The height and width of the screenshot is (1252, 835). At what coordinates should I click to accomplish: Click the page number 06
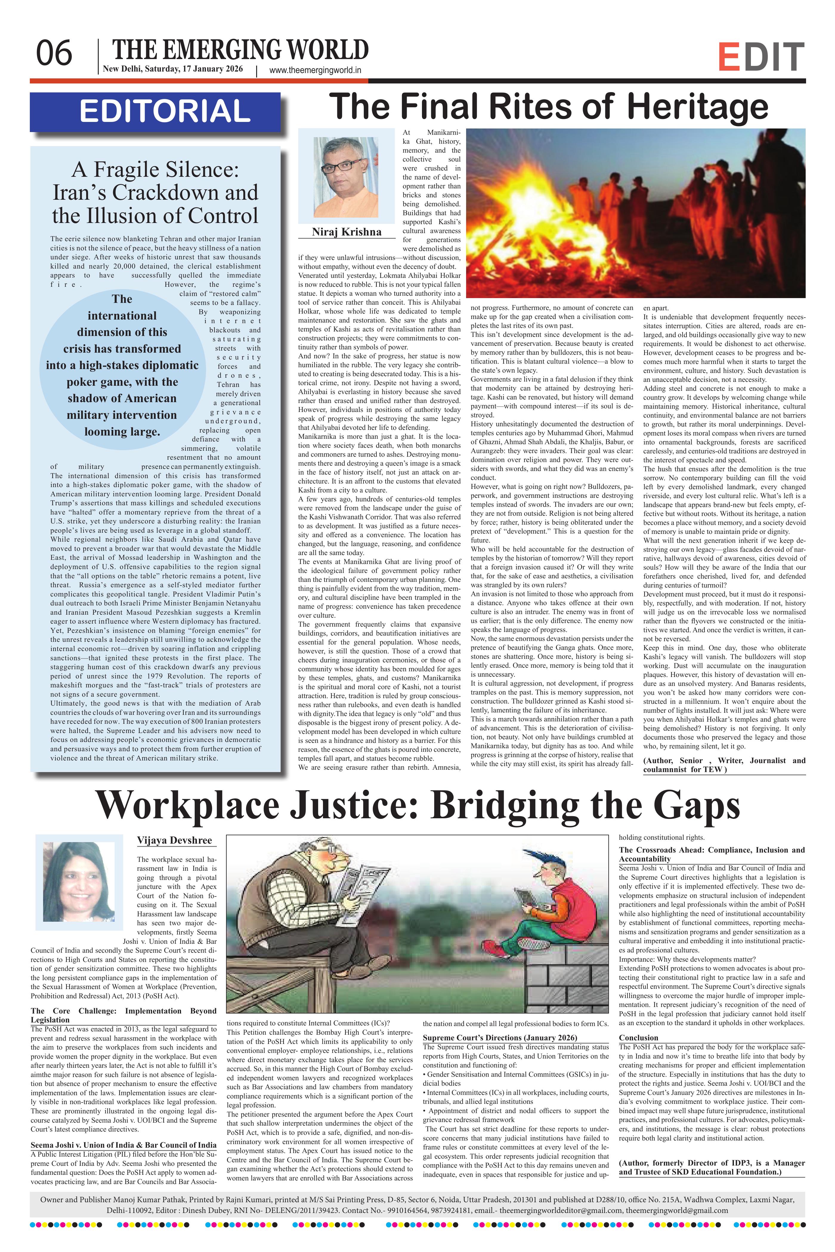point(54,54)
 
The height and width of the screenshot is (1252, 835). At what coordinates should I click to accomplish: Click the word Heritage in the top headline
point(698,107)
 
